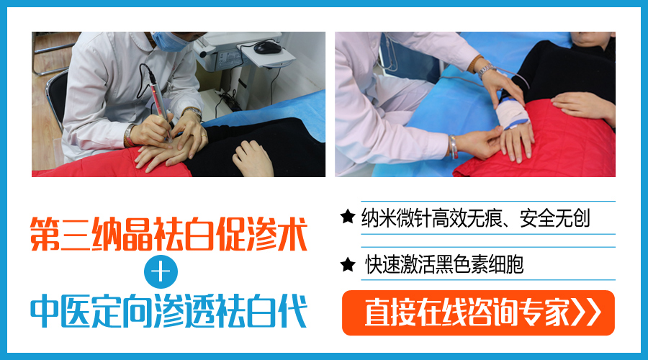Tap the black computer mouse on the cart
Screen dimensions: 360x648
coord(267,47)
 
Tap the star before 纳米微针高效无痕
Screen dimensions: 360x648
coord(348,216)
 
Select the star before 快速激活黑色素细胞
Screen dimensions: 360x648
coord(348,264)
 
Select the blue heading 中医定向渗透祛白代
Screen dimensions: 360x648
coord(168,311)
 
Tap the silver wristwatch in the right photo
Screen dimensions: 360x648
coord(487,71)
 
